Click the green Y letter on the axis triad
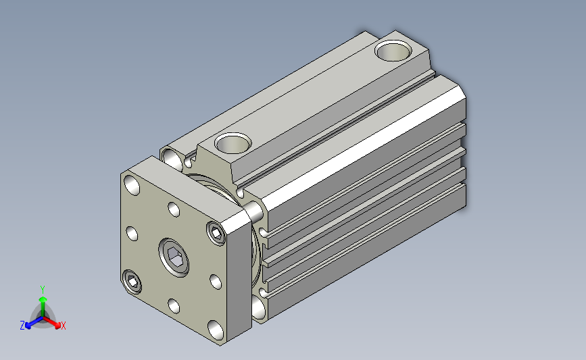click(43, 290)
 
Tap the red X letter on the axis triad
click(63, 326)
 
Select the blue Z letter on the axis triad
click(22, 326)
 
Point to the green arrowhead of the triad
click(43, 299)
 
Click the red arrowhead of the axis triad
click(57, 325)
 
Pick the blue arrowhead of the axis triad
click(28, 326)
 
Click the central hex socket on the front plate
click(174, 258)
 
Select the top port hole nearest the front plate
click(233, 143)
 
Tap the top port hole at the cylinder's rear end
click(393, 51)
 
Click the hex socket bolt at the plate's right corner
click(216, 234)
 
